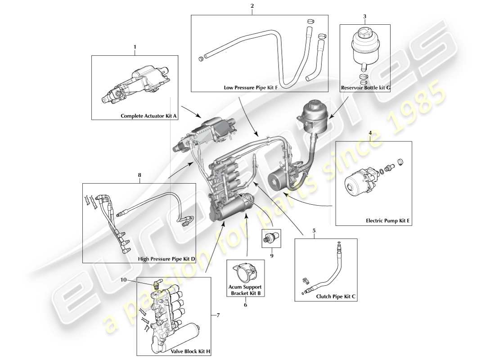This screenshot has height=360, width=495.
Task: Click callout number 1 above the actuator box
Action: (134, 46)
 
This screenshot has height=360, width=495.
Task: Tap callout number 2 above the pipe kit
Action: (252, 6)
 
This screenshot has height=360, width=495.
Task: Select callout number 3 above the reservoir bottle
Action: (364, 16)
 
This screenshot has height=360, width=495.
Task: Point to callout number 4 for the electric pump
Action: (370, 133)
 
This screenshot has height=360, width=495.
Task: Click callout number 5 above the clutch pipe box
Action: (314, 231)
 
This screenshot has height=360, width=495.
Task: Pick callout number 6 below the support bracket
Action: (245, 305)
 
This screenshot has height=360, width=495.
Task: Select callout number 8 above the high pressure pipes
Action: (139, 175)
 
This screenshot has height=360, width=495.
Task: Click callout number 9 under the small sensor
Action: (271, 255)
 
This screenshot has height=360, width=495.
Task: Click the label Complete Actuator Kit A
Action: (149, 116)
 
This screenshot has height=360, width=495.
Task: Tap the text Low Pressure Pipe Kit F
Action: (250, 88)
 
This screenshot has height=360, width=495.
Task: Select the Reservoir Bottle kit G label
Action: (365, 88)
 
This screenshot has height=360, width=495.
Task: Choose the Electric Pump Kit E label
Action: (387, 221)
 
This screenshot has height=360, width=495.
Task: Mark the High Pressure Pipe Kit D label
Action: (166, 259)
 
